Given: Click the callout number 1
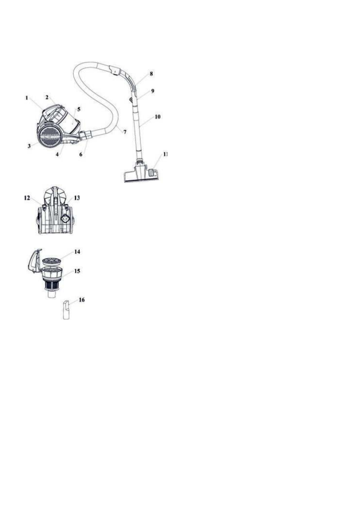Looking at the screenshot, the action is (27, 98).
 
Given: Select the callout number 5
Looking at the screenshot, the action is (79, 110).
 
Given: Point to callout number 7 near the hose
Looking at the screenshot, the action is (125, 132).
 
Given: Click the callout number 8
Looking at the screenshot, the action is (151, 74).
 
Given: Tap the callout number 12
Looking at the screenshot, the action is (27, 198).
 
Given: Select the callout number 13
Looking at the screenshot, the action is (77, 198).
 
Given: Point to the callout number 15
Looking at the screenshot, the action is (77, 271).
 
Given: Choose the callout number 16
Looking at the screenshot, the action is (81, 300).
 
